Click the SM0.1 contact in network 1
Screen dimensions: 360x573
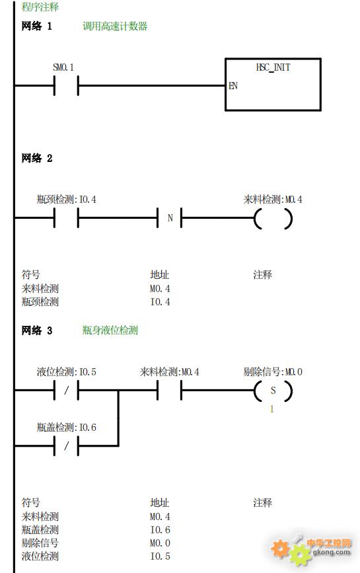[x=66, y=86]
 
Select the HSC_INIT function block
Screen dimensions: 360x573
[x=273, y=84]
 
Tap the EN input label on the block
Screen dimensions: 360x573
[x=233, y=86]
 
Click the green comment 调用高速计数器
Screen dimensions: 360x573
[x=115, y=26]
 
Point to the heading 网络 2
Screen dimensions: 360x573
[x=37, y=158]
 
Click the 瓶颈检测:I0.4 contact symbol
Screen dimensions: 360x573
[x=66, y=218]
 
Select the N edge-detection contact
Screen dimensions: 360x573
[x=169, y=218]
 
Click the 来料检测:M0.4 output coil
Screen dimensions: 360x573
[x=273, y=219]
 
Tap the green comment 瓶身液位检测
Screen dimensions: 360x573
[x=110, y=330]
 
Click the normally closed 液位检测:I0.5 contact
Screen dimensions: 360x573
[x=66, y=391]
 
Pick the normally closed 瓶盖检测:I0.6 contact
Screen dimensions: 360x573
[x=66, y=446]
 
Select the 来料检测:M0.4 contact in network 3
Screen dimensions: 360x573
[x=169, y=391]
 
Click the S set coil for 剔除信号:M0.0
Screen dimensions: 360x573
[x=273, y=391]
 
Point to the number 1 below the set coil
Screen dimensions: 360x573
[x=271, y=409]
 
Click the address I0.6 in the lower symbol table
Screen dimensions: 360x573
[x=160, y=530]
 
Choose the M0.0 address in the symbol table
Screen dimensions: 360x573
[x=160, y=543]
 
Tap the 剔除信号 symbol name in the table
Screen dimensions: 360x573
[x=40, y=543]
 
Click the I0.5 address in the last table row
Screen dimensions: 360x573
[x=160, y=556]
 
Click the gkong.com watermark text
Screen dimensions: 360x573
[x=332, y=552]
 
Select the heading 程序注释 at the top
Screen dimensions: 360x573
[x=40, y=7]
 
